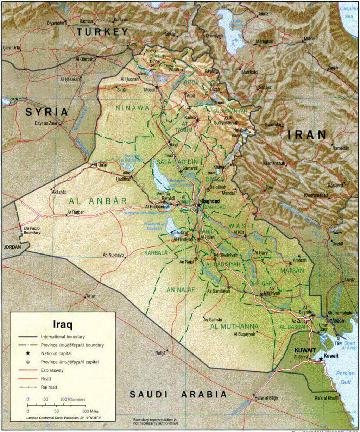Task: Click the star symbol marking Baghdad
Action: (199, 205)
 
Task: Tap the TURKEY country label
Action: (102, 32)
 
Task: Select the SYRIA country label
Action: (46, 112)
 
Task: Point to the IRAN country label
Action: (307, 134)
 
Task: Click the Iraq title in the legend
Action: (63, 324)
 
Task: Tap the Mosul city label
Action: (149, 90)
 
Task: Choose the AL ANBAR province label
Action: (97, 201)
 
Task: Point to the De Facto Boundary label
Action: (32, 231)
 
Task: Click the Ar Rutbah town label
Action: (76, 212)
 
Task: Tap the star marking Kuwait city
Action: (321, 359)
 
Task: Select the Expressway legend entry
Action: (52, 370)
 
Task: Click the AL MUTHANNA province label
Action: (234, 327)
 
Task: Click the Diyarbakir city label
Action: (56, 23)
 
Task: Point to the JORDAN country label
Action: (12, 247)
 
